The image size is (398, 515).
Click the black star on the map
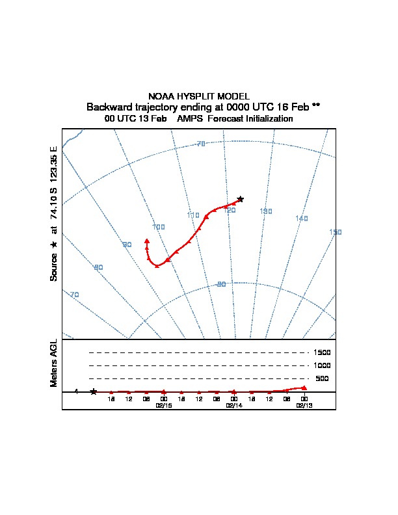[x=240, y=199]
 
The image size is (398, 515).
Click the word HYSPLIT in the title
[x=196, y=96]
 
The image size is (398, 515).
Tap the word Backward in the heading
[x=110, y=107]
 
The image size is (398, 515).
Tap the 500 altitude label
[x=323, y=378]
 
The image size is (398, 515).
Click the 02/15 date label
[x=164, y=404]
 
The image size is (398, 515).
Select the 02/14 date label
[x=233, y=404]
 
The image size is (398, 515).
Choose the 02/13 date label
[x=304, y=404]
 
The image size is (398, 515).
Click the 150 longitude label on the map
[x=336, y=232]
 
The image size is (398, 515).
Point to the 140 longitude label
[x=301, y=218]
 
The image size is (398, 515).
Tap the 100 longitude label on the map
[x=158, y=227]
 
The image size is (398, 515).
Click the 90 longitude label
[x=127, y=244]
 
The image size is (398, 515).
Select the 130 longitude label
[x=265, y=211]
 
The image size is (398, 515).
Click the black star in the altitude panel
[x=94, y=391]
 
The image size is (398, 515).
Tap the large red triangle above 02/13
[x=304, y=388]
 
